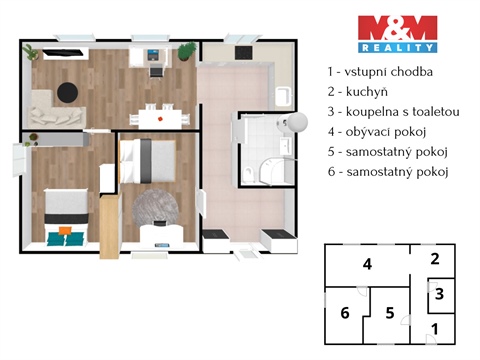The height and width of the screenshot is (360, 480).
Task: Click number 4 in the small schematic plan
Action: click(368, 264)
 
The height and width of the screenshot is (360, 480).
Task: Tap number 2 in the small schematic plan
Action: click(434, 259)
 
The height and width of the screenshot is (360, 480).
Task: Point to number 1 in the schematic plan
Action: click(434, 328)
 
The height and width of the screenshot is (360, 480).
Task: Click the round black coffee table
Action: click(69, 91)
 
